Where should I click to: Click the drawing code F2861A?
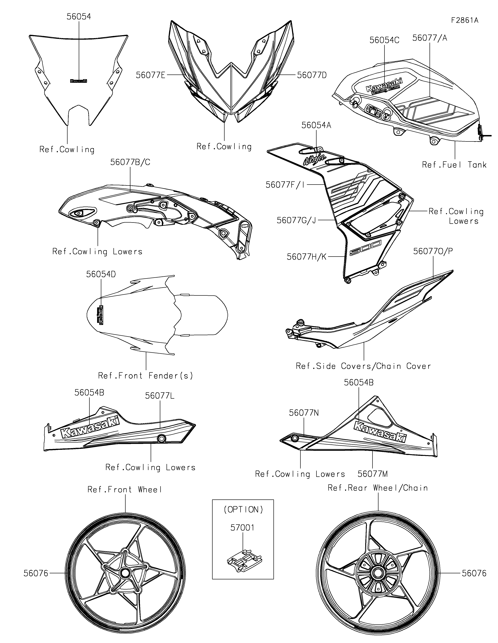tap(464, 20)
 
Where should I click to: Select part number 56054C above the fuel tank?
tap(384, 40)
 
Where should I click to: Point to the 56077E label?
tap(150, 75)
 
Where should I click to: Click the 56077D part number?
tap(312, 75)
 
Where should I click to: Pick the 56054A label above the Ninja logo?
tap(316, 125)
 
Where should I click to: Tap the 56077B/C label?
tap(130, 162)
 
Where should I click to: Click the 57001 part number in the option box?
tap(242, 528)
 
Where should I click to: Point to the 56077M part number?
tap(373, 474)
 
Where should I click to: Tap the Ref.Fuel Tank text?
tap(454, 165)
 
